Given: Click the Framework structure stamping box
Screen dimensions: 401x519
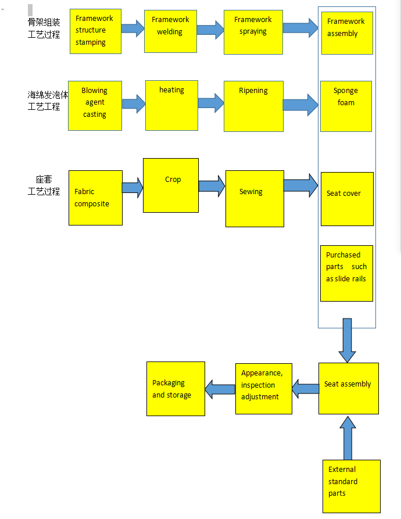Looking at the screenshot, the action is pyautogui.click(x=96, y=31).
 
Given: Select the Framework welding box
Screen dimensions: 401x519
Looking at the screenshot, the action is pyautogui.click(x=170, y=31).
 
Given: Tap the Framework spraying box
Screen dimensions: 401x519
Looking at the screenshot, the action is pyautogui.click(x=253, y=32).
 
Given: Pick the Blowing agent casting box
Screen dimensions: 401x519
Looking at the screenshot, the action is pyautogui.click(x=95, y=106).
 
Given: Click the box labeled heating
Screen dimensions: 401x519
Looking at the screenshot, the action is pyautogui.click(x=171, y=106).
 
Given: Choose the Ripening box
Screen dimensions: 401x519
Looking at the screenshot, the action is pyautogui.click(x=254, y=106).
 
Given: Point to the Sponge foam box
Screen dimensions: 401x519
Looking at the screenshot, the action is pyautogui.click(x=346, y=106).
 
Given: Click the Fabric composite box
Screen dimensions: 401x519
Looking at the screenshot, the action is pyautogui.click(x=96, y=198).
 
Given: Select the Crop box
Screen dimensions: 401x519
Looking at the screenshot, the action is pyautogui.click(x=171, y=185).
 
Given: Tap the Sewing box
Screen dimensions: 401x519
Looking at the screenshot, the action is pyautogui.click(x=255, y=199).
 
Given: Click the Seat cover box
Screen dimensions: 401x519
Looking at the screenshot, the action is pyautogui.click(x=347, y=199).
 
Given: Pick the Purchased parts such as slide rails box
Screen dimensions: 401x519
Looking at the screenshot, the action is pyautogui.click(x=347, y=273).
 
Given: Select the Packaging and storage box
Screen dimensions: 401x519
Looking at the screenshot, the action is pyautogui.click(x=176, y=389).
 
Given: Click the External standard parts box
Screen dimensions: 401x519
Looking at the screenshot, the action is pyautogui.click(x=352, y=486).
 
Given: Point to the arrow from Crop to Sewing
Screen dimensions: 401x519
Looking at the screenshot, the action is pyautogui.click(x=212, y=186).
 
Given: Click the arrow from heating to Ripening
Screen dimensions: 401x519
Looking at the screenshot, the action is pyautogui.click(x=211, y=103).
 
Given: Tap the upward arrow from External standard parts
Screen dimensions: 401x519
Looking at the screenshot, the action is pyautogui.click(x=348, y=438).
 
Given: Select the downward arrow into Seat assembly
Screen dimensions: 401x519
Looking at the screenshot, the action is pyautogui.click(x=348, y=341).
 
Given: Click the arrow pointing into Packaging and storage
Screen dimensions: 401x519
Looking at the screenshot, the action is pyautogui.click(x=220, y=389).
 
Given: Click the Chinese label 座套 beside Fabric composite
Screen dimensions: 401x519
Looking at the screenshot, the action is pyautogui.click(x=44, y=180).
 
